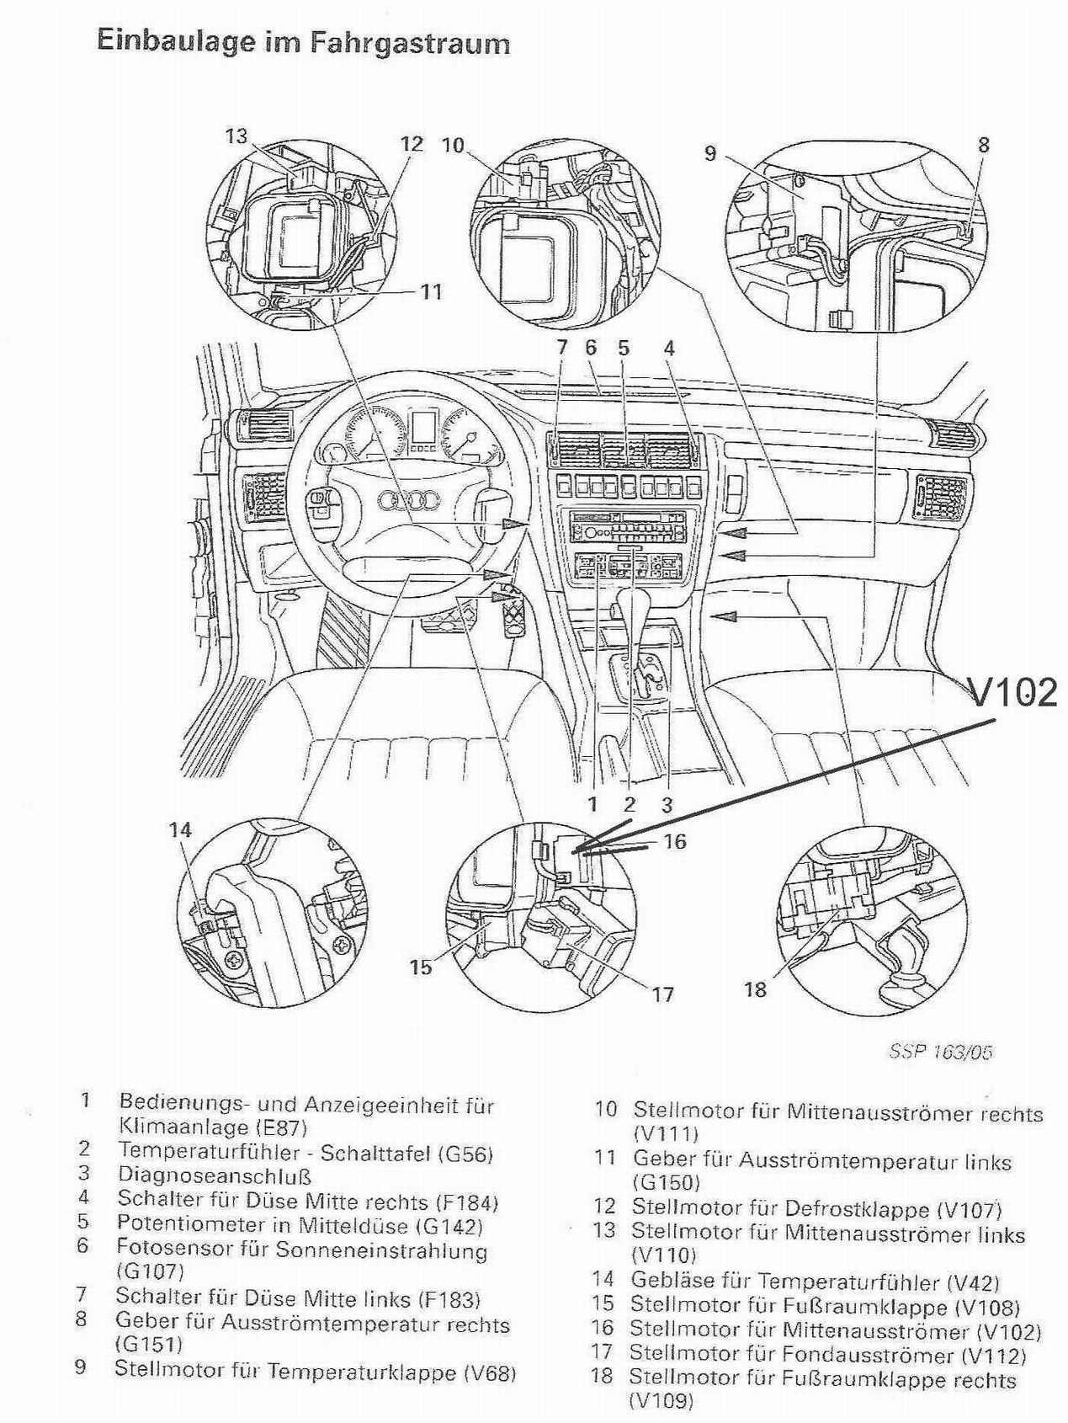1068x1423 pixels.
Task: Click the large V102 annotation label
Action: (1013, 692)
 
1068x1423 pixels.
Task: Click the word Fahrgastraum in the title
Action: (411, 43)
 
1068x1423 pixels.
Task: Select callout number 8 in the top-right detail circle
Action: (983, 144)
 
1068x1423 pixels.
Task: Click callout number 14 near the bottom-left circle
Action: (180, 830)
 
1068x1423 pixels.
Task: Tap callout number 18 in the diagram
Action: (755, 989)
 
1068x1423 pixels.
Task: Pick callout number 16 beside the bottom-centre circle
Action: (675, 841)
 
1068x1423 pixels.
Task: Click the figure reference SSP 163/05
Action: (941, 1052)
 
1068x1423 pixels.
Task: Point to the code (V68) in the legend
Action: (490, 1372)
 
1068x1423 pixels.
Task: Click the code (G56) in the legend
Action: (465, 1152)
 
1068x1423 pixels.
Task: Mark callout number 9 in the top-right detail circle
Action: (710, 154)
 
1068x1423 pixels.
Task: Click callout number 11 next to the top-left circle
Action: (432, 292)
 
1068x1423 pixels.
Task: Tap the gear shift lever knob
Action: (630, 600)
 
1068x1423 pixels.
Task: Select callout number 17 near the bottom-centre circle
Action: (663, 994)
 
